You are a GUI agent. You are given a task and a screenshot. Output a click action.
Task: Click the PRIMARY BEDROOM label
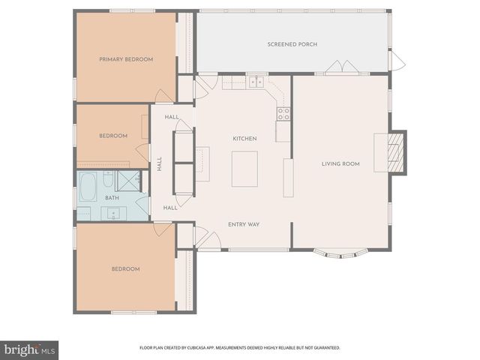(x=126, y=59)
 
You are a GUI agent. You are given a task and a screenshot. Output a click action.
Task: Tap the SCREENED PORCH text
(x=292, y=44)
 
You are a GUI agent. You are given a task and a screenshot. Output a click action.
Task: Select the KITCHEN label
(x=244, y=139)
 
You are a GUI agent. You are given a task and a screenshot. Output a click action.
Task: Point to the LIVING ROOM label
(x=340, y=163)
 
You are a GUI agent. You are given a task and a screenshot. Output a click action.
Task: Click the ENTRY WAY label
(x=244, y=224)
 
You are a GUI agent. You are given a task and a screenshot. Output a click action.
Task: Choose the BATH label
(x=112, y=198)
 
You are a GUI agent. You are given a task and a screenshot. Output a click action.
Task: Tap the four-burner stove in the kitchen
(x=283, y=113)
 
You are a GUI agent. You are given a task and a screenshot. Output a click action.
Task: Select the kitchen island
(x=244, y=169)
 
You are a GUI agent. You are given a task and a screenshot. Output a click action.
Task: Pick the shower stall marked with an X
(x=130, y=181)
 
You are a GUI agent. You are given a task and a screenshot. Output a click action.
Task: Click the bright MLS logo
(x=29, y=349)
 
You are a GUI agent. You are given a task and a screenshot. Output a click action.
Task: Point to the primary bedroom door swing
(x=164, y=97)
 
